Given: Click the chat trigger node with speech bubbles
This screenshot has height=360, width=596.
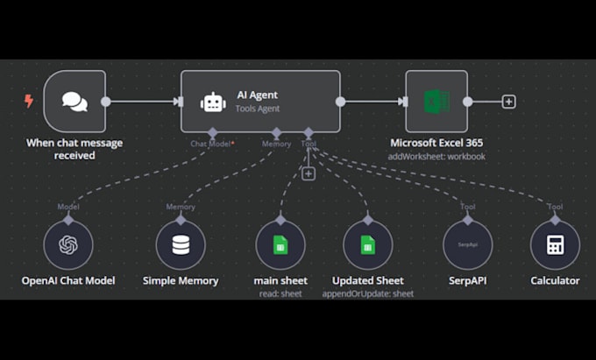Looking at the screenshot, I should [x=74, y=102].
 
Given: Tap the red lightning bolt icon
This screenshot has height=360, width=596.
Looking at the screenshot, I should [x=29, y=102].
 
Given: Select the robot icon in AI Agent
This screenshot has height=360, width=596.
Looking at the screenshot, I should [x=213, y=102].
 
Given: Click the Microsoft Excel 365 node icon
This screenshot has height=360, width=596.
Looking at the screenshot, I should [x=436, y=102].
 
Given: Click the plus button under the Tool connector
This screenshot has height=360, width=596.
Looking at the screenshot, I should [x=308, y=173].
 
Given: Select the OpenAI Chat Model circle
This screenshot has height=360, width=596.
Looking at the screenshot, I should [x=68, y=244].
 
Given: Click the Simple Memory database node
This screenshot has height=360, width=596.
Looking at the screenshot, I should [x=181, y=244].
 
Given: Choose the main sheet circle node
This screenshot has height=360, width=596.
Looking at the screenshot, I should [x=280, y=244].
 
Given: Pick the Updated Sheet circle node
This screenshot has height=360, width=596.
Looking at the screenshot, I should [x=367, y=244].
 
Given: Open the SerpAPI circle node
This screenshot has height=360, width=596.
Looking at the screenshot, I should [x=467, y=244].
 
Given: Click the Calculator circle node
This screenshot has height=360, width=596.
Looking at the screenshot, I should [x=555, y=244].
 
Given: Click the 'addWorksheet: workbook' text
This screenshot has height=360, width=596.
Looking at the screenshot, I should [x=436, y=156].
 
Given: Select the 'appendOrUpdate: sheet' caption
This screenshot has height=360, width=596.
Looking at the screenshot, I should [x=367, y=293].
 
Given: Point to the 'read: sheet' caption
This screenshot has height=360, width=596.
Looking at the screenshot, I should [x=280, y=293].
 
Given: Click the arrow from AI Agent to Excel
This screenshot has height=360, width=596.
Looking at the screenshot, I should [x=372, y=102].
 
